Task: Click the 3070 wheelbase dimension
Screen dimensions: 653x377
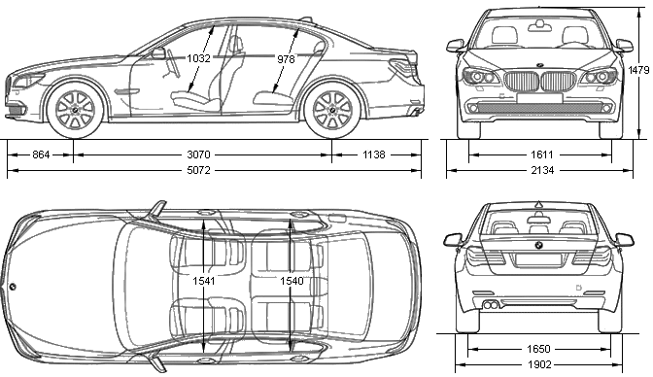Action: (198, 154)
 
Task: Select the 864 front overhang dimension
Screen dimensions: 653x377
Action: (41, 154)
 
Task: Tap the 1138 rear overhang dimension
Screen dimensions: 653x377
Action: (373, 154)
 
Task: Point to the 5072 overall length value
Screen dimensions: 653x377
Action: (198, 170)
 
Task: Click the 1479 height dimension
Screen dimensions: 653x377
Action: (638, 70)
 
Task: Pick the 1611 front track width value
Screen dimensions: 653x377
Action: (542, 154)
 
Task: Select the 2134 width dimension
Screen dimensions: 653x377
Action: (542, 170)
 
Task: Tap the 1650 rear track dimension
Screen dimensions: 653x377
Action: (539, 349)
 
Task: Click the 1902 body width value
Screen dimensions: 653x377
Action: (539, 365)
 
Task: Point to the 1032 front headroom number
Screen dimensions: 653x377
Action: (198, 58)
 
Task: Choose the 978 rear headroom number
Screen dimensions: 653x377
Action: (286, 59)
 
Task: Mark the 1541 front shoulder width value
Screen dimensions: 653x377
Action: (204, 281)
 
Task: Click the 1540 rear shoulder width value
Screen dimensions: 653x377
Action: (292, 281)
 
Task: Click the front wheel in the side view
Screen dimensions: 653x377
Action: (76, 110)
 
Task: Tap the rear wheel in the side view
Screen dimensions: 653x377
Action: (332, 110)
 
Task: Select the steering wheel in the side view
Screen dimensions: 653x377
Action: (173, 63)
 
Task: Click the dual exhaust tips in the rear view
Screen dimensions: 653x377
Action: (491, 304)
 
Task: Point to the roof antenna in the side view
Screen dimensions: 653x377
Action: (306, 18)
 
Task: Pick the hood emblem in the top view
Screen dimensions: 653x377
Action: (13, 287)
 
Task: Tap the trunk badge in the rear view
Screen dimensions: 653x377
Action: (539, 246)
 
